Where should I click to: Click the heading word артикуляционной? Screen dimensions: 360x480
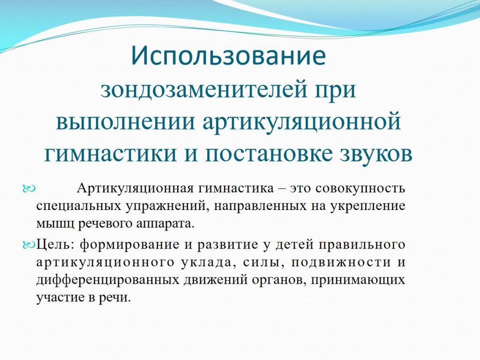coord(302,122)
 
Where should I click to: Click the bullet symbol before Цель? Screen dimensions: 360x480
coord(29,244)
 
